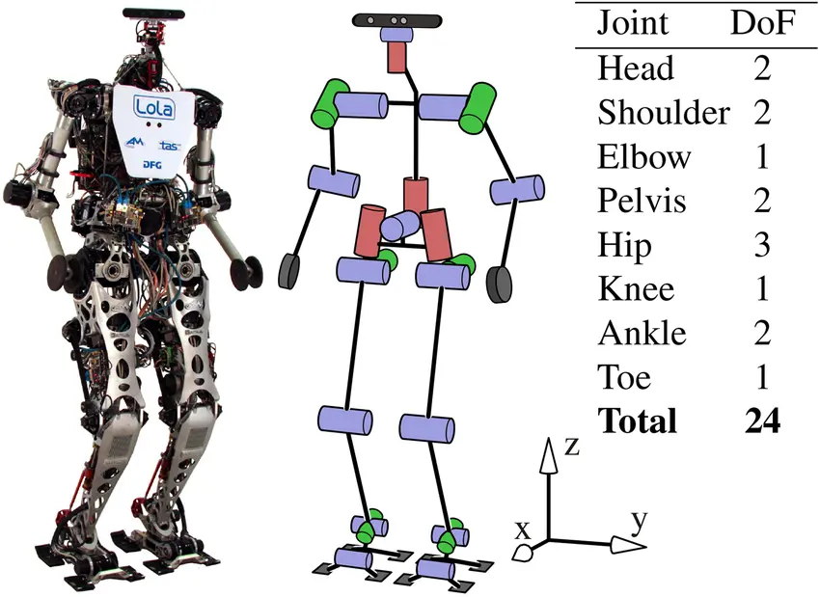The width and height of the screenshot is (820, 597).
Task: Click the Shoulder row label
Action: (x=663, y=113)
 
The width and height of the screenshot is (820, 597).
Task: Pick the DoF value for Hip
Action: (x=763, y=246)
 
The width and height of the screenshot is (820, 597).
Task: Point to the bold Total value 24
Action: (x=762, y=421)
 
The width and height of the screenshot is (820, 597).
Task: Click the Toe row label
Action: (x=624, y=378)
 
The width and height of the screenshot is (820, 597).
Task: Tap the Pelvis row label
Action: (x=642, y=202)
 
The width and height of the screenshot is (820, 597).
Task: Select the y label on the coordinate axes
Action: (x=637, y=522)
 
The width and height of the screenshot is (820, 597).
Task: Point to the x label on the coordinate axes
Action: (x=522, y=529)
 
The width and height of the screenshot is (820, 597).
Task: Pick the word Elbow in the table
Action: (x=644, y=157)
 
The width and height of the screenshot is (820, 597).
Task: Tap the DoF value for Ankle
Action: (x=763, y=334)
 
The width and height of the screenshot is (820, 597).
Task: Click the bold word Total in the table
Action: (x=638, y=421)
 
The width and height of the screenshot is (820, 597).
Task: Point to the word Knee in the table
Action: (x=636, y=289)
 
